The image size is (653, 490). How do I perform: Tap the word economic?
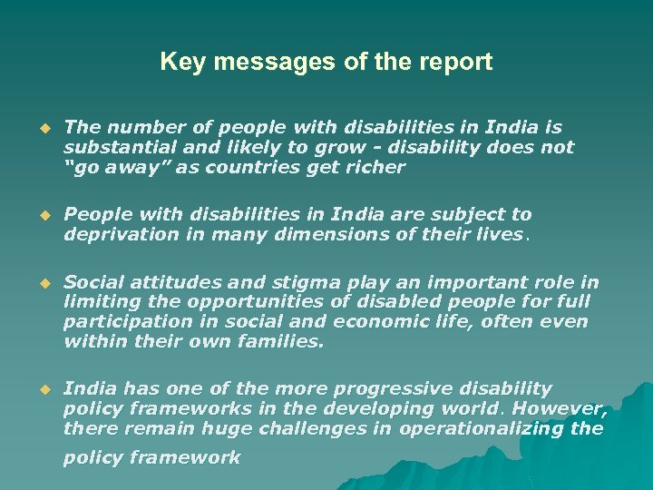tap(377, 322)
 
